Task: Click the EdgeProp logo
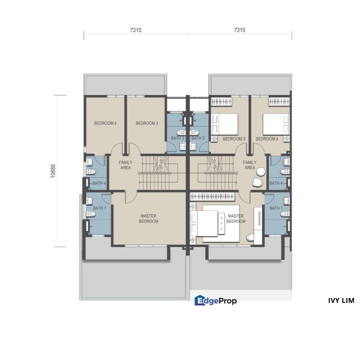[x=215, y=300]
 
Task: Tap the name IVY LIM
[x=341, y=300]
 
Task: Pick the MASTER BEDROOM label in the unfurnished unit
[x=148, y=218]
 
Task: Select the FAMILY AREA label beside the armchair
[x=249, y=165]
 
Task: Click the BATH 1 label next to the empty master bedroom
[x=99, y=208]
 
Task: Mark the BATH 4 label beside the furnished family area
[x=276, y=183]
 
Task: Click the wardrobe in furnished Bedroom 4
[x=275, y=101]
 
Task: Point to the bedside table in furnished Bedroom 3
[x=215, y=138]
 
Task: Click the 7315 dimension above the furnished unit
[x=239, y=30]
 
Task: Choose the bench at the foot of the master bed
[x=220, y=222]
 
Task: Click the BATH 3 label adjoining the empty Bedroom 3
[x=177, y=138]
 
